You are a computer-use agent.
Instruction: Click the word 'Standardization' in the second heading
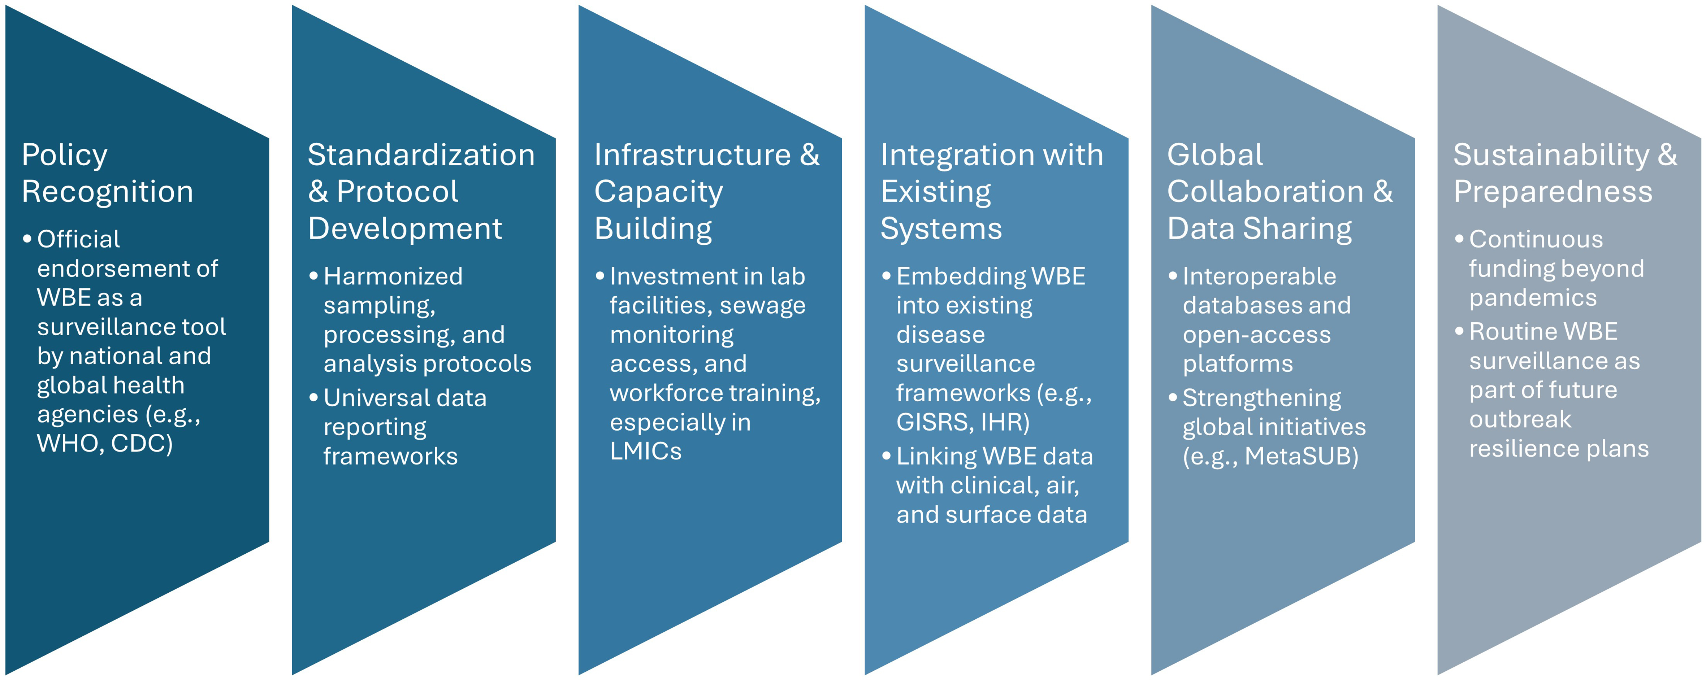(x=421, y=155)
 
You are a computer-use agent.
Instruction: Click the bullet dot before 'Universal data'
(x=314, y=398)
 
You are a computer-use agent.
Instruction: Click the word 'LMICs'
(x=646, y=451)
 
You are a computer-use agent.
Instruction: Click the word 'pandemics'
(x=1533, y=298)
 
